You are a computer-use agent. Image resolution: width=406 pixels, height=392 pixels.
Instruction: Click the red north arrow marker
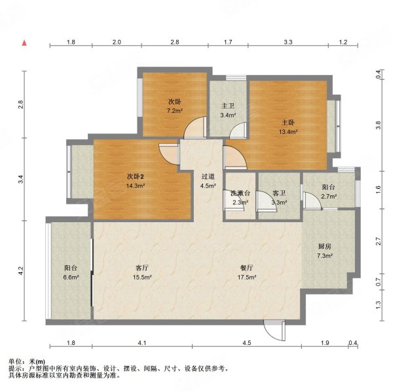click(x=24, y=43)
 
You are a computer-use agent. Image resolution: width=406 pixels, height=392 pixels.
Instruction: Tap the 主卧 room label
click(x=288, y=122)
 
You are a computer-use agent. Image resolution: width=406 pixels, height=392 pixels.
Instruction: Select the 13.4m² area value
click(x=288, y=131)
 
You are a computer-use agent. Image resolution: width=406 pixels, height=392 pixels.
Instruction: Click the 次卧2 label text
click(x=135, y=176)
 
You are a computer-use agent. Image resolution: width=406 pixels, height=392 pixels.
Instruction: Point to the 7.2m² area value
click(x=175, y=111)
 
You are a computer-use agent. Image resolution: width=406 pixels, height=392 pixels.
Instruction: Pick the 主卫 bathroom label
click(x=228, y=106)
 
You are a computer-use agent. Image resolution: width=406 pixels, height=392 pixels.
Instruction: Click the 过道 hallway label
click(x=208, y=176)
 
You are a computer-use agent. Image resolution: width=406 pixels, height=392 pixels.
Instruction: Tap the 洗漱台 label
click(x=240, y=193)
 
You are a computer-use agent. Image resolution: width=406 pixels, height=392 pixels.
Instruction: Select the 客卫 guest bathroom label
click(x=279, y=193)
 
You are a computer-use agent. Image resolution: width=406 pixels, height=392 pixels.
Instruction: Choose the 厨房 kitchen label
click(x=324, y=246)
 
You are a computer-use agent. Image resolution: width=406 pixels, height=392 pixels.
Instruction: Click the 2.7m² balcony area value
click(x=329, y=197)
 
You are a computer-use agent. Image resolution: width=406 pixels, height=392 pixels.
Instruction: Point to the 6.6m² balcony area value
click(x=71, y=277)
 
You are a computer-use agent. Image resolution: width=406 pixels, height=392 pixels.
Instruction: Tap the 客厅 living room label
click(x=142, y=268)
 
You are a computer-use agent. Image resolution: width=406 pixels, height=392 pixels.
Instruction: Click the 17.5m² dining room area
click(x=247, y=277)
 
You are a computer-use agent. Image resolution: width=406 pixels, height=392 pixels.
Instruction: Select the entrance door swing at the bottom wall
click(x=274, y=331)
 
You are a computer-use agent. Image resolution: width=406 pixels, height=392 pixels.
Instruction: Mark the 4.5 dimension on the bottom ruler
click(x=247, y=343)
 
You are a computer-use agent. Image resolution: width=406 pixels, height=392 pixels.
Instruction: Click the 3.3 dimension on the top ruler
click(x=288, y=42)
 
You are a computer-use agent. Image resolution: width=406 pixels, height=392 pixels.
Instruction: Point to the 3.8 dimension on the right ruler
click(x=378, y=125)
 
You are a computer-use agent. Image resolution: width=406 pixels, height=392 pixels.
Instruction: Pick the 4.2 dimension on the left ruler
click(x=21, y=270)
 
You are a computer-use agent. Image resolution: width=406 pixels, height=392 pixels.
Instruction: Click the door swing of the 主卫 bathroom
click(x=238, y=129)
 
